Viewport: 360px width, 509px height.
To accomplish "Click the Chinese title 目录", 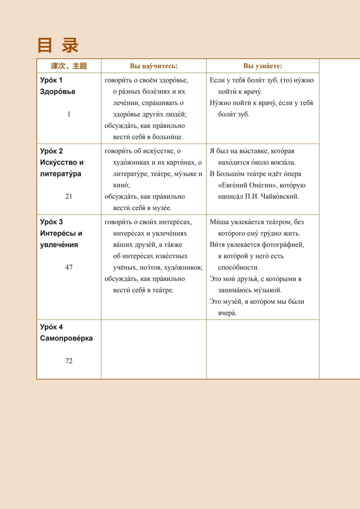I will (x=58, y=45).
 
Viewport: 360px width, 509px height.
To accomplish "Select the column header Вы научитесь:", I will (x=154, y=66).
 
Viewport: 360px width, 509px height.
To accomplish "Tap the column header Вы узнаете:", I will (x=262, y=66).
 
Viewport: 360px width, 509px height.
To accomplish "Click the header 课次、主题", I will (x=69, y=66).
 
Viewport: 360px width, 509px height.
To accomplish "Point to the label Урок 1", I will (x=52, y=80).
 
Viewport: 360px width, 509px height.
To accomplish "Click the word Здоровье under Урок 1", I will (x=58, y=92).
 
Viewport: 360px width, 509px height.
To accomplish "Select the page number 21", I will (x=69, y=196).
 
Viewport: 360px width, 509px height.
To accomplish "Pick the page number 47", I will (x=69, y=267).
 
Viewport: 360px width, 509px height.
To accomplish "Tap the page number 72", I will (x=69, y=361).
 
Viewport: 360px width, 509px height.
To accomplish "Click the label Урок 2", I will (x=52, y=151).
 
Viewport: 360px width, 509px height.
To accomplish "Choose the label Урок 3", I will (x=52, y=222).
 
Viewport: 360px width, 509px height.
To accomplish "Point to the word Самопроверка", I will (x=66, y=338).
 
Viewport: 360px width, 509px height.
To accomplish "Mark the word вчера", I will (x=227, y=313).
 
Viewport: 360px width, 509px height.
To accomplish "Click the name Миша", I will (x=218, y=222).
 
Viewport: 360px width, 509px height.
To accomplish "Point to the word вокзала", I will (x=284, y=163).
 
